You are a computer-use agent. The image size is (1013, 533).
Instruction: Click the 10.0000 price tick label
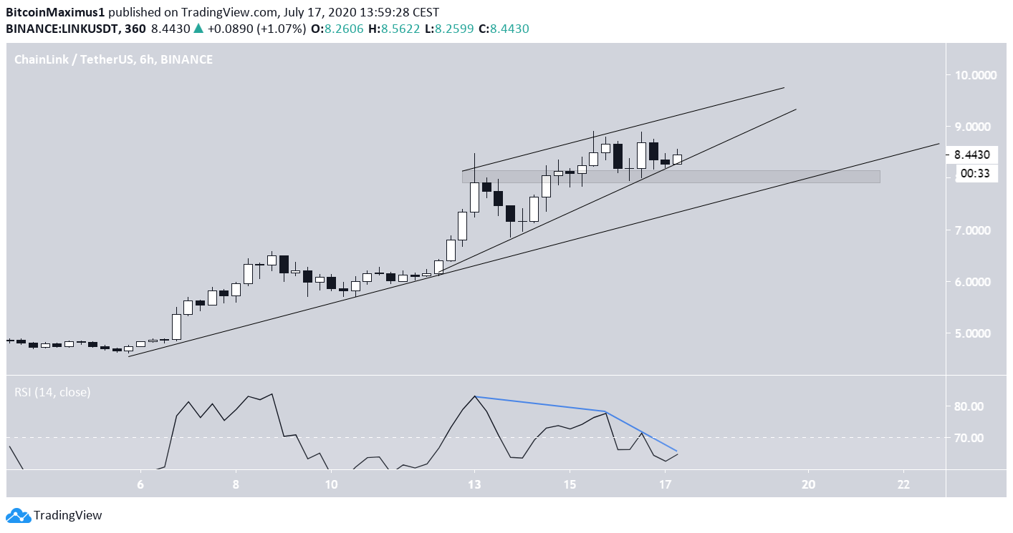tap(976, 75)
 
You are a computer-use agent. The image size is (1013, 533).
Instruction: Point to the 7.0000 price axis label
tap(976, 230)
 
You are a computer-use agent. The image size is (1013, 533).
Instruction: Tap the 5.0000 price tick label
tap(976, 334)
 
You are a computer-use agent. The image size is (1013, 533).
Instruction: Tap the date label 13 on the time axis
tap(474, 484)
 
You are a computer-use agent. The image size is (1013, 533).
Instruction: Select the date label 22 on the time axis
tap(903, 484)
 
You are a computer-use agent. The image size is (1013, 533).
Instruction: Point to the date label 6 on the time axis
tap(140, 484)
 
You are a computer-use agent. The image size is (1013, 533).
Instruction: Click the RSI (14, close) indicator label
tap(53, 392)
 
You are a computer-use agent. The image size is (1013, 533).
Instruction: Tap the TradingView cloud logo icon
tap(19, 515)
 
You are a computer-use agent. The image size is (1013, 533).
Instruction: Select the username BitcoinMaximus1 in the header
tap(56, 12)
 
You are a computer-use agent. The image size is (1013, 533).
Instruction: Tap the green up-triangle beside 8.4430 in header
tap(198, 29)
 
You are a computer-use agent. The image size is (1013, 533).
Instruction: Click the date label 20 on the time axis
tap(809, 484)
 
